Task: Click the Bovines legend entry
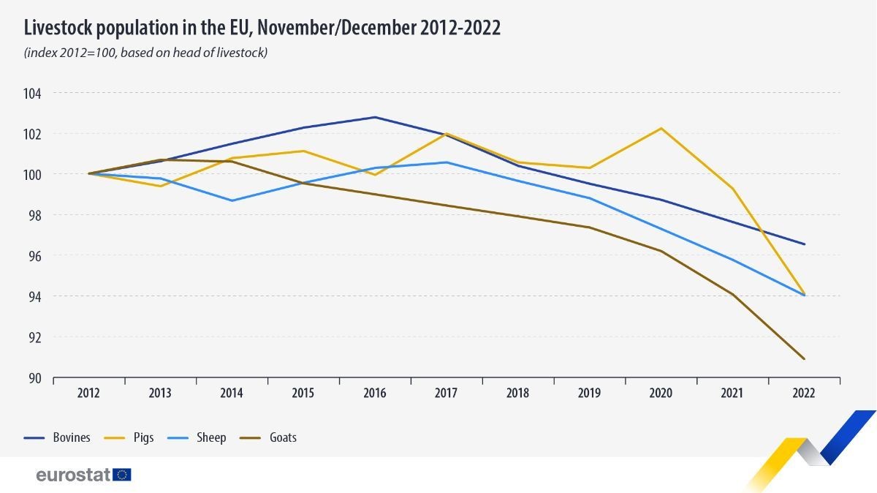[x=57, y=437]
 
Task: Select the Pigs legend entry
[x=129, y=437]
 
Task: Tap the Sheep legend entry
[x=197, y=437]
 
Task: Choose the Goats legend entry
[x=267, y=437]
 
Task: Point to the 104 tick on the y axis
[x=32, y=94]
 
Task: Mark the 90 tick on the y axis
[x=34, y=378]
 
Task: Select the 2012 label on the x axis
[x=88, y=393]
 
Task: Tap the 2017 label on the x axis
[x=446, y=393]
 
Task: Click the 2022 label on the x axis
[x=804, y=393]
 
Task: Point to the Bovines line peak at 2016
[x=375, y=117]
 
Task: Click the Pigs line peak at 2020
[x=661, y=128]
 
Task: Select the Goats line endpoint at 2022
[x=804, y=358]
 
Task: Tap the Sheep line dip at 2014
[x=232, y=200]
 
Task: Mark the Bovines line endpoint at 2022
[x=804, y=244]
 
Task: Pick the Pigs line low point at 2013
[x=160, y=186]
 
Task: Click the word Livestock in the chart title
[x=58, y=28]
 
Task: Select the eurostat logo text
[x=73, y=475]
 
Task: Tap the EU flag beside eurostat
[x=122, y=475]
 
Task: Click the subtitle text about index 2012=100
[x=145, y=53]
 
